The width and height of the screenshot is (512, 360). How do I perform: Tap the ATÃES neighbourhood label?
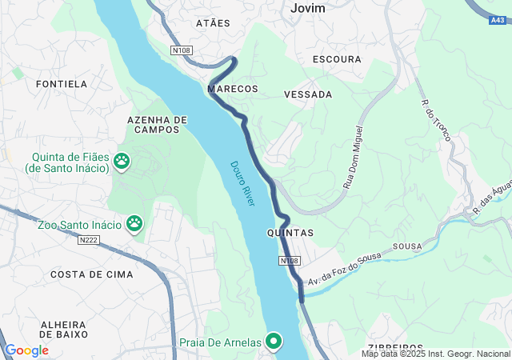213,23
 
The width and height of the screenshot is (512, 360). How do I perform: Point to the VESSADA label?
308,94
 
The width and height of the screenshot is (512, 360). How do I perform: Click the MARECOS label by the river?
233,88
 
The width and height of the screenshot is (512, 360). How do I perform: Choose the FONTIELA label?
62,83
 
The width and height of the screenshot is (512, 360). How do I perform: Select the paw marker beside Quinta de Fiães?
122,161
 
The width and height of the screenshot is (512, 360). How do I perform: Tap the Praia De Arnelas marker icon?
274,342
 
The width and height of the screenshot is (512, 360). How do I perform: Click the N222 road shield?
90,239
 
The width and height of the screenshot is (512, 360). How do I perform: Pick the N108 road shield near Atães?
181,50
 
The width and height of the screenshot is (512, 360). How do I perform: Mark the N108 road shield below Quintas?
290,262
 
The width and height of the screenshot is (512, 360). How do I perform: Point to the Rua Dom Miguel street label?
354,157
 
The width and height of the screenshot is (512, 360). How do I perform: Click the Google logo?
26,350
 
